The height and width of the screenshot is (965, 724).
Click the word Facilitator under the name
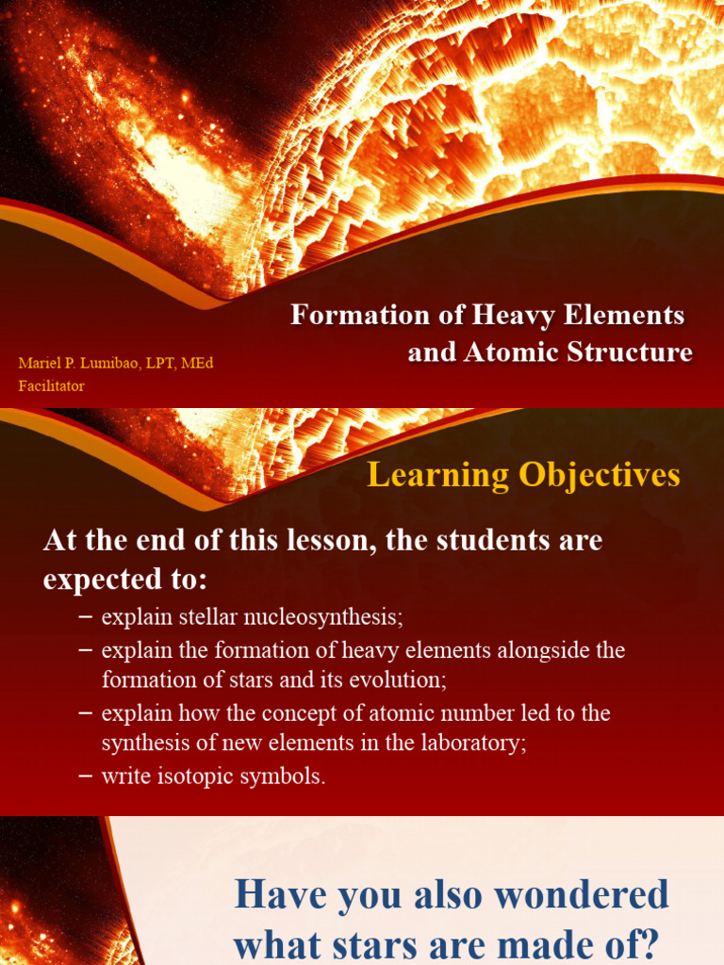(x=52, y=385)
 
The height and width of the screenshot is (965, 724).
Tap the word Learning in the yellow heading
(x=424, y=474)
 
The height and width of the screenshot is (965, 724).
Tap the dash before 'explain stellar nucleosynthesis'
(x=85, y=617)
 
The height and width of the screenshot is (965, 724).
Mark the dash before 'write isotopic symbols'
(x=85, y=777)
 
